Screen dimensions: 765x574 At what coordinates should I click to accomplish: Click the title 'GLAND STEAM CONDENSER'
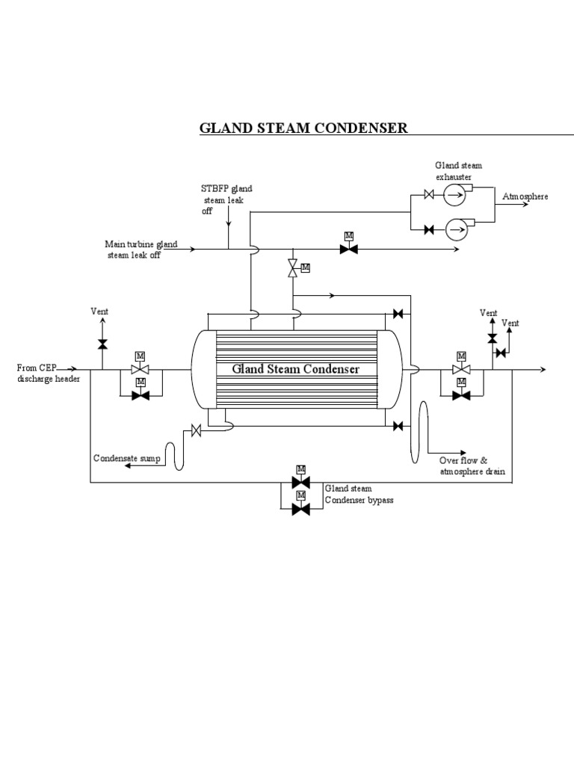point(303,128)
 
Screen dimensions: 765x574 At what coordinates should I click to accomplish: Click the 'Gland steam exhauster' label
point(454,171)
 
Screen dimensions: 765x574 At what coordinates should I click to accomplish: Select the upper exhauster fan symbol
point(454,196)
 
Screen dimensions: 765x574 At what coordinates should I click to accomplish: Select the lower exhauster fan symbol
point(455,229)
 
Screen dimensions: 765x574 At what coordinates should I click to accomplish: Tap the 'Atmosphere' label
point(525,196)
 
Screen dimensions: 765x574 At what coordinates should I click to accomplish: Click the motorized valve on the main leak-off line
point(348,249)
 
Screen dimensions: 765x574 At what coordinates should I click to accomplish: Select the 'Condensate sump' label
point(126,457)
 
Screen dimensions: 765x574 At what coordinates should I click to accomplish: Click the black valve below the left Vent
point(102,344)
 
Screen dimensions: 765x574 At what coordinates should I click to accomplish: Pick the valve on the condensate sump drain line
point(197,430)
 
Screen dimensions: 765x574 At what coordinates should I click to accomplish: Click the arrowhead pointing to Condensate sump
point(128,466)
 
